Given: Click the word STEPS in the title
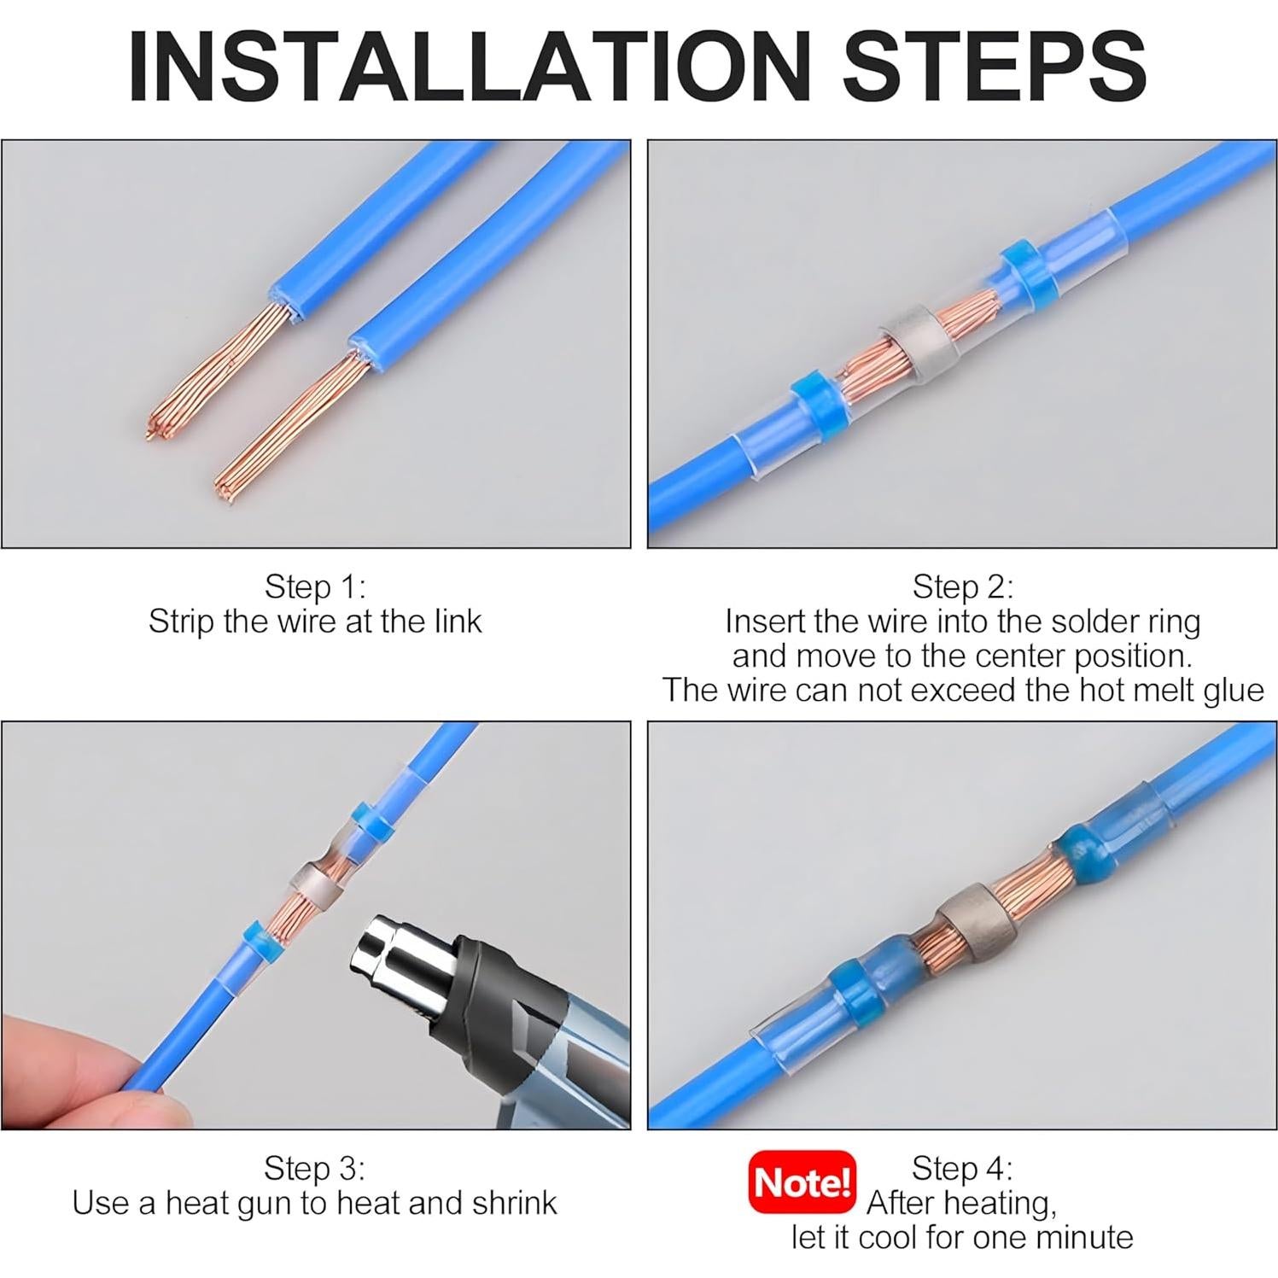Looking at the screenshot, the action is point(995,67).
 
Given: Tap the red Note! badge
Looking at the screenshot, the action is point(802,1182).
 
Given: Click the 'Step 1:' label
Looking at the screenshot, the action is point(315,586).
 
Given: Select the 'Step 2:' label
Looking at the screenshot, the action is point(963,586).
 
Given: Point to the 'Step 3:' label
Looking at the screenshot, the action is point(314,1168).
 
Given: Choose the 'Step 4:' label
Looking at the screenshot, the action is point(962,1168).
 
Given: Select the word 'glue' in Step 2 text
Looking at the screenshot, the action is point(1228,691).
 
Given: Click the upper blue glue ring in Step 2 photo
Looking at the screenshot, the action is point(1024,270).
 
